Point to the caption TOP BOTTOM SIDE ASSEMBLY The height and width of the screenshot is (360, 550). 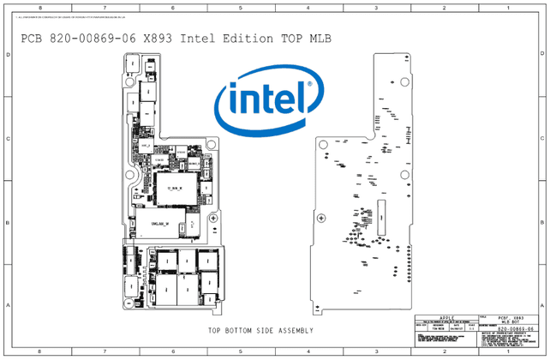(260, 331)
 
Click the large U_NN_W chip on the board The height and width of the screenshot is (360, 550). (176, 187)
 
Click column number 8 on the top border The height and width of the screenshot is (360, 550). (39, 8)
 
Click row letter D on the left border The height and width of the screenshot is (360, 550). (9, 55)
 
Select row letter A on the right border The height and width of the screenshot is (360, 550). (542, 306)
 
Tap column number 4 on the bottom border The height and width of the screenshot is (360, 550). (308, 352)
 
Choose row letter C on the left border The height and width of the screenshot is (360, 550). (9, 138)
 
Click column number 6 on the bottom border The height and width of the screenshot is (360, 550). (173, 352)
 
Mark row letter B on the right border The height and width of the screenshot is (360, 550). (542, 222)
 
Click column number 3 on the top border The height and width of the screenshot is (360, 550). (376, 8)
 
